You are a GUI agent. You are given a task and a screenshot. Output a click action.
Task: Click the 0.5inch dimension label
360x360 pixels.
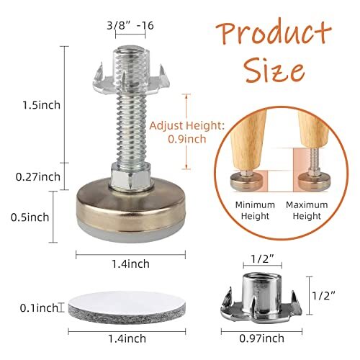point(25,216)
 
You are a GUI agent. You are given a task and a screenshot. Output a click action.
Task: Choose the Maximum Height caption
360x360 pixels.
point(305,210)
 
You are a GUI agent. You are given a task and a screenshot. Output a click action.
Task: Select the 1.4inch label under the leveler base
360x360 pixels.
point(132,264)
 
